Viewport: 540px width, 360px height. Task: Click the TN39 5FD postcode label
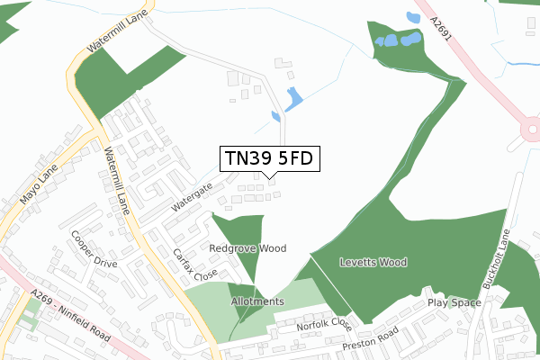pyautogui.click(x=269, y=159)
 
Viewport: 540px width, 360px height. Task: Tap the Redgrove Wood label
pyautogui.click(x=247, y=247)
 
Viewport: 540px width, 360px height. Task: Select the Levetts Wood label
pyautogui.click(x=373, y=263)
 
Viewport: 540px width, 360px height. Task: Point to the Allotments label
pyautogui.click(x=256, y=301)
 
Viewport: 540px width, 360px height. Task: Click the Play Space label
pyautogui.click(x=454, y=302)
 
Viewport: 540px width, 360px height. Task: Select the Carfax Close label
pyautogui.click(x=195, y=264)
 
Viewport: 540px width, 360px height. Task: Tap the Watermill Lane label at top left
pyautogui.click(x=111, y=37)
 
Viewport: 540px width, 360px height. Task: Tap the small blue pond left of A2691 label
pyautogui.click(x=413, y=18)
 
